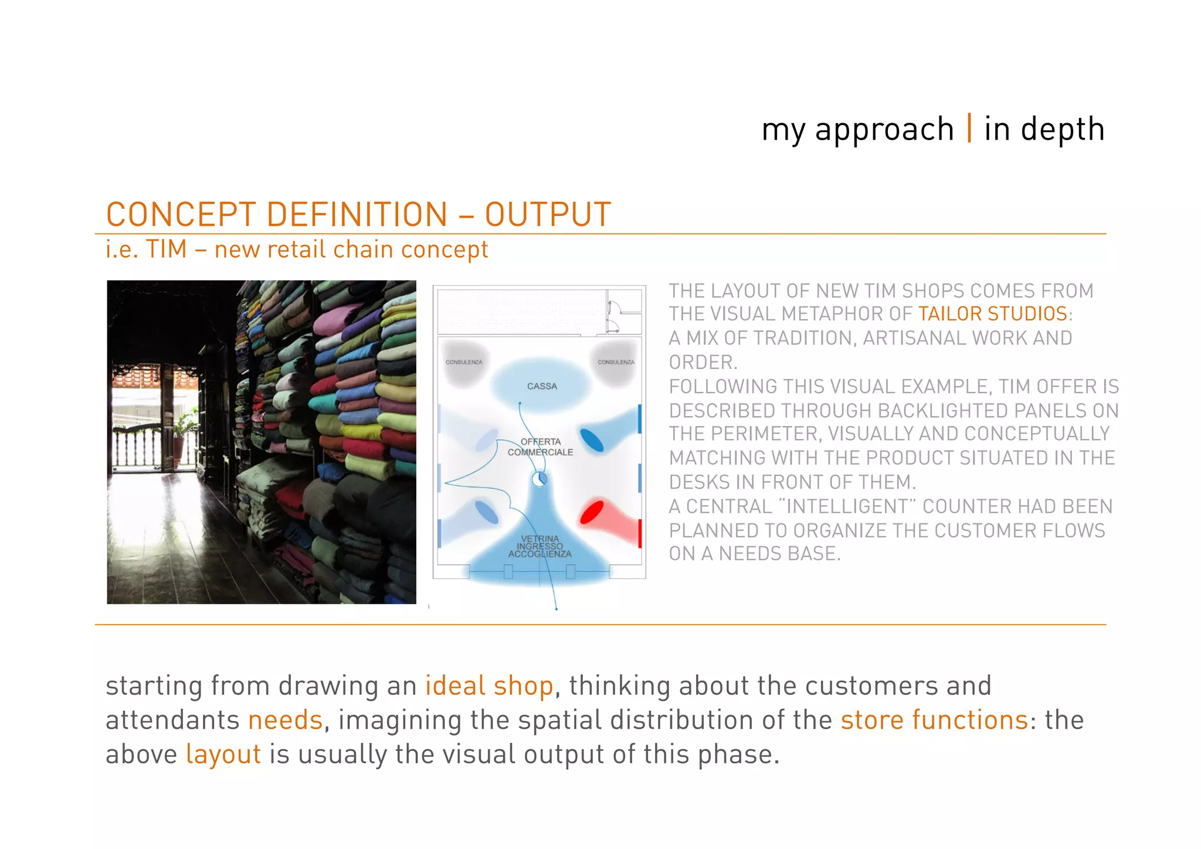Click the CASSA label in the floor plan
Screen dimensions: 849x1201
pyautogui.click(x=542, y=386)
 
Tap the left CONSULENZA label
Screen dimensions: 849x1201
pyautogui.click(x=464, y=362)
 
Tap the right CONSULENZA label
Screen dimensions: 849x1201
pyautogui.click(x=616, y=362)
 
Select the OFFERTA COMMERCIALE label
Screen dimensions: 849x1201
pyautogui.click(x=540, y=447)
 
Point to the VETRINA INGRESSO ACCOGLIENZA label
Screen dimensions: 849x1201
pyautogui.click(x=540, y=546)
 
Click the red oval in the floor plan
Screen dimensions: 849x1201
pyautogui.click(x=592, y=512)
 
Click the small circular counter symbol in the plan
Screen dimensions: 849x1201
pyautogui.click(x=540, y=479)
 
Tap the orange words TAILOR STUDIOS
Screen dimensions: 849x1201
pyautogui.click(x=992, y=314)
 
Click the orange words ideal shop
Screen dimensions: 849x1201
pyautogui.click(x=489, y=686)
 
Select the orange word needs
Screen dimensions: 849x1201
pyautogui.click(x=285, y=720)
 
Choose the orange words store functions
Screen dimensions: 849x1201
pyautogui.click(x=934, y=720)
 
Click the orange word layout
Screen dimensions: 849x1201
pyautogui.click(x=223, y=754)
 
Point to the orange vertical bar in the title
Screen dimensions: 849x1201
pyautogui.click(x=969, y=128)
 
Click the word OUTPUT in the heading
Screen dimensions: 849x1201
pyautogui.click(x=548, y=214)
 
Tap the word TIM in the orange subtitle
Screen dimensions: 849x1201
pyautogui.click(x=167, y=249)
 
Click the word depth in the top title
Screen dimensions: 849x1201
pyautogui.click(x=1063, y=129)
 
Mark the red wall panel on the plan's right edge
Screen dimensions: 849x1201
pyautogui.click(x=639, y=533)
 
